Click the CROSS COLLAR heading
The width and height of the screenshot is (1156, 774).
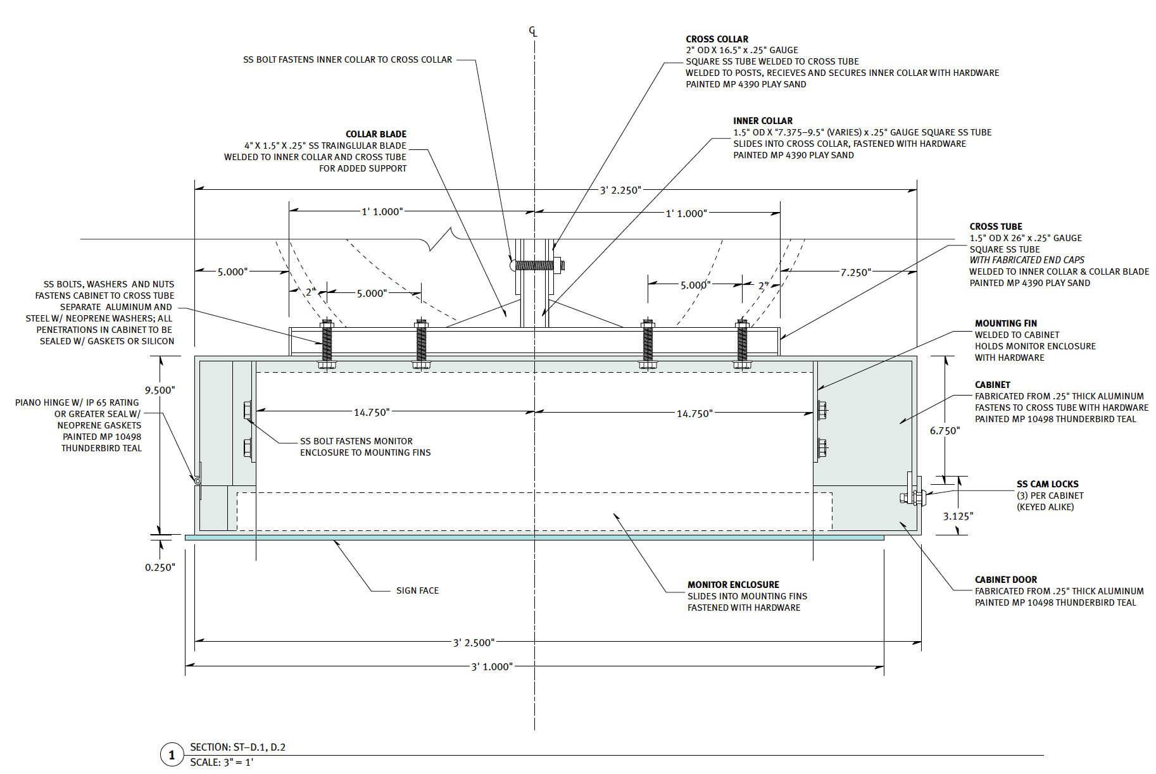point(717,39)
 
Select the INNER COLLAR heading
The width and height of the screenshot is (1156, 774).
point(762,121)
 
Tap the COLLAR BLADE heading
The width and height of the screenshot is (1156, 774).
point(375,134)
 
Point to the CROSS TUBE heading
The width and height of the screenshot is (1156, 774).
point(995,227)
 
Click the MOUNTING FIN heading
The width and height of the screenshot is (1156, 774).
point(1005,323)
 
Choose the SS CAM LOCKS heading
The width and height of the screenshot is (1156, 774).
point(1047,484)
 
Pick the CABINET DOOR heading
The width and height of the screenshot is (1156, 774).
point(1005,580)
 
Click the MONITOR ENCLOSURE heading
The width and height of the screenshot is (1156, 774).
point(733,585)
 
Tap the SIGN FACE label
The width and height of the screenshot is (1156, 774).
point(417,590)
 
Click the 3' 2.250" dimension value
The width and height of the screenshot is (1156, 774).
point(620,190)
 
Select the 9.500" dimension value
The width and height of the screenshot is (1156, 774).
point(160,390)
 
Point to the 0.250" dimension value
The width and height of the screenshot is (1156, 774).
point(160,568)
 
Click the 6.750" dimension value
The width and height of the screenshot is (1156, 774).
point(945,431)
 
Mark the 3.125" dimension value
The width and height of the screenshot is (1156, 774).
point(958,516)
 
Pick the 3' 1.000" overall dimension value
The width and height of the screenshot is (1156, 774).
point(492,667)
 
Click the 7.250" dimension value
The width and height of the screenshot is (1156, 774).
point(855,273)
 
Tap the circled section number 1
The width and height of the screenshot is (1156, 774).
point(172,754)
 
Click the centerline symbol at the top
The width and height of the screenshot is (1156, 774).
point(534,32)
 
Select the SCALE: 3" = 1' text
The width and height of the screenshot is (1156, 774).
point(222,763)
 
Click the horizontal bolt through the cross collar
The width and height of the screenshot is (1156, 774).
point(537,265)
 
